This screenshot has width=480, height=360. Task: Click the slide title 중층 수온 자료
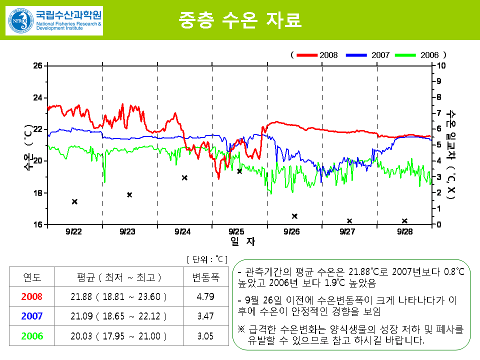point(240,20)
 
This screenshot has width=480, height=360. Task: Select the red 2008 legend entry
point(317,54)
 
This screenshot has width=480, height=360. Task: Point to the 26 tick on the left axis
point(38,65)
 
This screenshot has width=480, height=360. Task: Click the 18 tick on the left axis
point(38,193)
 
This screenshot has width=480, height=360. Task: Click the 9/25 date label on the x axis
point(236,231)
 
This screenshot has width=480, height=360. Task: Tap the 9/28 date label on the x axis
point(405,231)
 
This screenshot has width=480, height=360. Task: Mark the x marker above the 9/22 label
point(74,201)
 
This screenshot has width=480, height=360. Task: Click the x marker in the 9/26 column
point(294,216)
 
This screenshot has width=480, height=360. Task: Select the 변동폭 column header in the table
point(205,277)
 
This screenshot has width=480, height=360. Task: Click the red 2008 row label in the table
point(32,296)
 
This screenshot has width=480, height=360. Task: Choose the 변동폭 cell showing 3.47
point(205,316)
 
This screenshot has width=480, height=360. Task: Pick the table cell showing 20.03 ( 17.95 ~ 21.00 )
point(118,336)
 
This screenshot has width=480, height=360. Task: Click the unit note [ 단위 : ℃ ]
point(206,259)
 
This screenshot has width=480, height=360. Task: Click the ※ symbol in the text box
point(241,330)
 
